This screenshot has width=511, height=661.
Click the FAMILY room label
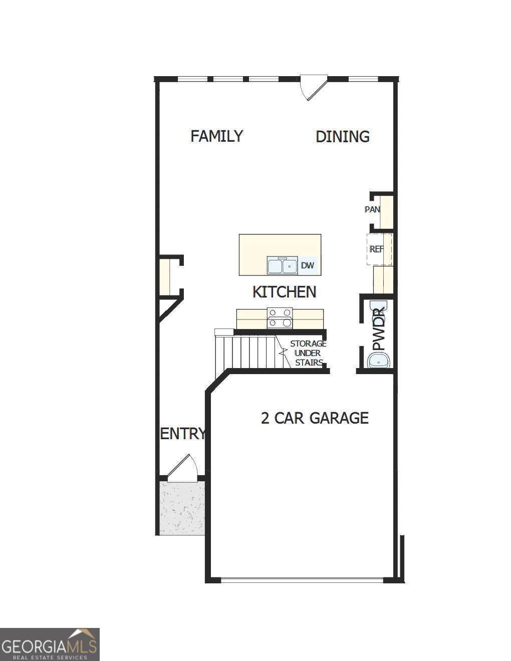tap(217, 136)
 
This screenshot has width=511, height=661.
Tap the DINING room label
tap(343, 137)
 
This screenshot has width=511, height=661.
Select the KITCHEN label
tap(284, 292)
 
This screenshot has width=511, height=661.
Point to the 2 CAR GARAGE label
tap(315, 418)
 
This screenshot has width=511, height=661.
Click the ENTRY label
tap(182, 434)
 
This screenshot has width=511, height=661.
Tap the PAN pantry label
tap(372, 209)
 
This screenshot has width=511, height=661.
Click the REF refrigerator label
tap(376, 249)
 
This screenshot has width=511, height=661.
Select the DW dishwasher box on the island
tap(308, 265)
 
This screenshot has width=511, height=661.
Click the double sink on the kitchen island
tap(282, 265)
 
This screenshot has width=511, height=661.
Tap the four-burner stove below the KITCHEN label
tap(280, 318)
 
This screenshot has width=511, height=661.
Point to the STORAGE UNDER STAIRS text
tap(308, 353)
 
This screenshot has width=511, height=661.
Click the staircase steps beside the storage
tap(245, 353)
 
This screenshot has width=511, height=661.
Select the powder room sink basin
tap(379, 361)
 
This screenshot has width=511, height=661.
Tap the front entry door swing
tap(182, 469)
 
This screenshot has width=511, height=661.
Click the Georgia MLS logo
tap(50, 644)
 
